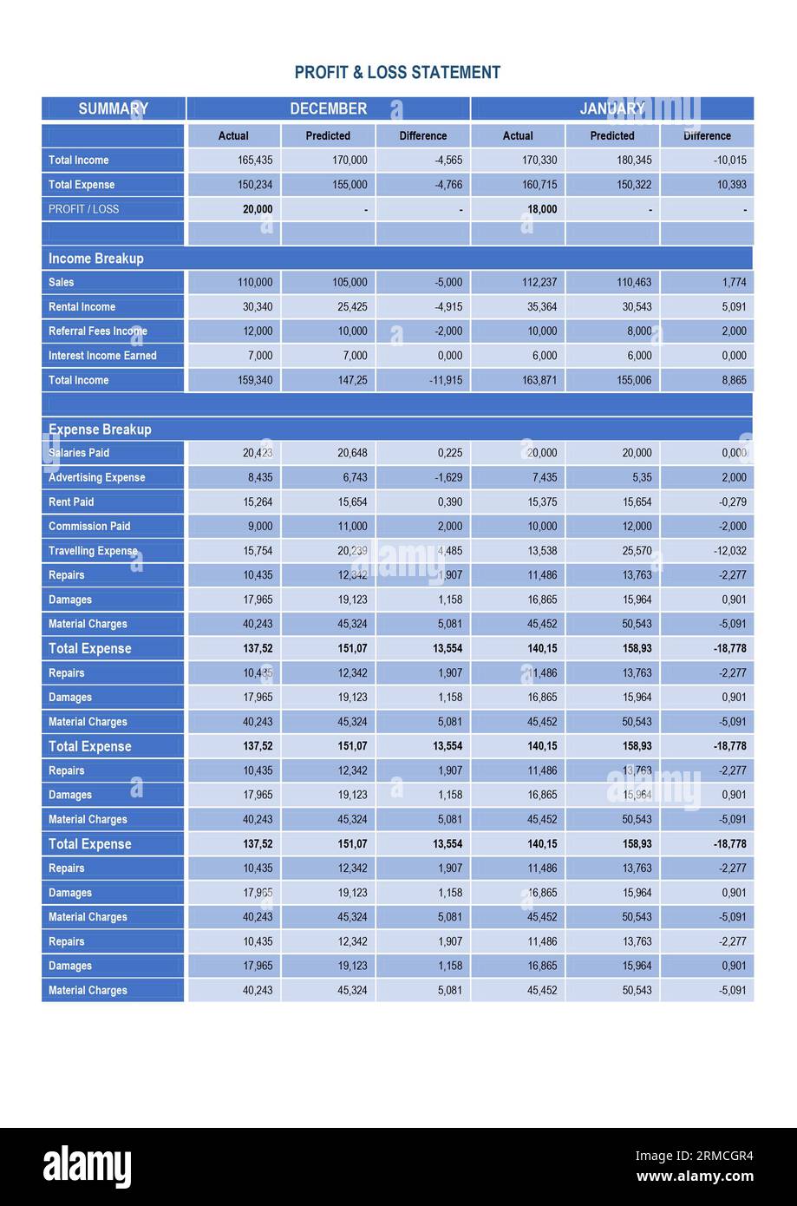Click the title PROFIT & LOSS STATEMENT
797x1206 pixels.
coord(397,73)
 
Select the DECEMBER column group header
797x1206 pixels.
coord(328,108)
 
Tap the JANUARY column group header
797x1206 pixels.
coord(611,108)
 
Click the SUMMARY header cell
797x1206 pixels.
coord(113,108)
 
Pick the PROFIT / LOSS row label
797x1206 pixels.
coord(83,209)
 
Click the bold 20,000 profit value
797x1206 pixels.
coord(257,209)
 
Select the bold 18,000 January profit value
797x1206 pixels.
coord(542,209)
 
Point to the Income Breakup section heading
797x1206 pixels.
coord(96,259)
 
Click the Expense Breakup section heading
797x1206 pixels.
coord(100,429)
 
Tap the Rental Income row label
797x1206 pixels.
coord(82,307)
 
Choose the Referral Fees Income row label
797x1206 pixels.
coord(97,331)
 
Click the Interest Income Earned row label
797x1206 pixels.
coord(102,356)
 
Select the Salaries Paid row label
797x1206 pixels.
coord(79,453)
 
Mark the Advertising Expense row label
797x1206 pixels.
coord(96,477)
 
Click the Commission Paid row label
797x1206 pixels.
coord(89,527)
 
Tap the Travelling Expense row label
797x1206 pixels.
coord(93,551)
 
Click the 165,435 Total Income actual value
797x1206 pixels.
coord(255,161)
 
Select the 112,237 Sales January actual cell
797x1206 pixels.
coord(539,283)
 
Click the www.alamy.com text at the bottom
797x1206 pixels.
coord(695,1177)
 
